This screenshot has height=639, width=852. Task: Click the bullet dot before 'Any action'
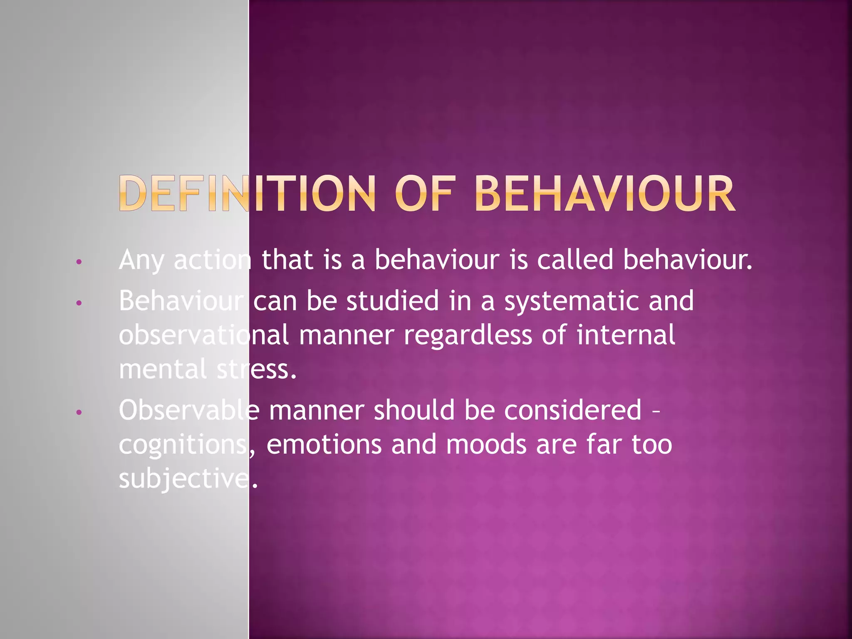[x=79, y=262]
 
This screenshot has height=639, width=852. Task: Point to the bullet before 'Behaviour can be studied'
[x=79, y=303]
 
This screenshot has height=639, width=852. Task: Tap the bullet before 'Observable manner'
[x=79, y=413]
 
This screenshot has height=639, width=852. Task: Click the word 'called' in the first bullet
[x=575, y=260]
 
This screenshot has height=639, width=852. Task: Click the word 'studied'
[x=392, y=301]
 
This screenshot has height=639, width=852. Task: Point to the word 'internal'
[x=626, y=335]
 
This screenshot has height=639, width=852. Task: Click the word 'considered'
[x=573, y=410]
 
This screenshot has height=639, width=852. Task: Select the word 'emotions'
[x=324, y=445]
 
